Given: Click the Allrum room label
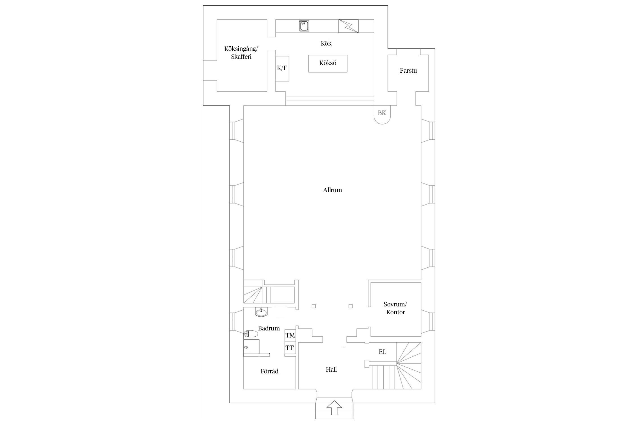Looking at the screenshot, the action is click(x=332, y=190).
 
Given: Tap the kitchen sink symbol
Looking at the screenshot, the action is click(x=304, y=26).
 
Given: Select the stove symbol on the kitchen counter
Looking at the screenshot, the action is click(x=349, y=26).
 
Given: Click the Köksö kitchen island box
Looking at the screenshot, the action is click(x=328, y=64).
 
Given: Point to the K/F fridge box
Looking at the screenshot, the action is click(x=282, y=69).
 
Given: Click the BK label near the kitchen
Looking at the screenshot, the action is click(x=382, y=113).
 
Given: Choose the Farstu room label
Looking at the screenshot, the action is click(x=408, y=70).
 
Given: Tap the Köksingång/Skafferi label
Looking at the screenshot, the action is click(x=241, y=53).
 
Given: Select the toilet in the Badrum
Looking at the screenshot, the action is click(x=251, y=334).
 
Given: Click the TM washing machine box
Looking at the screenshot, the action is click(x=290, y=335).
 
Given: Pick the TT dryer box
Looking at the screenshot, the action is click(x=290, y=348).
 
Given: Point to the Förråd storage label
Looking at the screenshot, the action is click(x=269, y=371).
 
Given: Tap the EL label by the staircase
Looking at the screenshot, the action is click(x=382, y=352).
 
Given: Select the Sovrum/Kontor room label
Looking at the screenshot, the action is click(x=395, y=308).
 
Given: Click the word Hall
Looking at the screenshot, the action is click(x=331, y=369).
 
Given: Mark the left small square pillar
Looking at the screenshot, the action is click(x=313, y=306).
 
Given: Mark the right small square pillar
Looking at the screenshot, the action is click(x=351, y=306).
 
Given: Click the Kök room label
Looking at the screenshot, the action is click(x=326, y=43).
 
